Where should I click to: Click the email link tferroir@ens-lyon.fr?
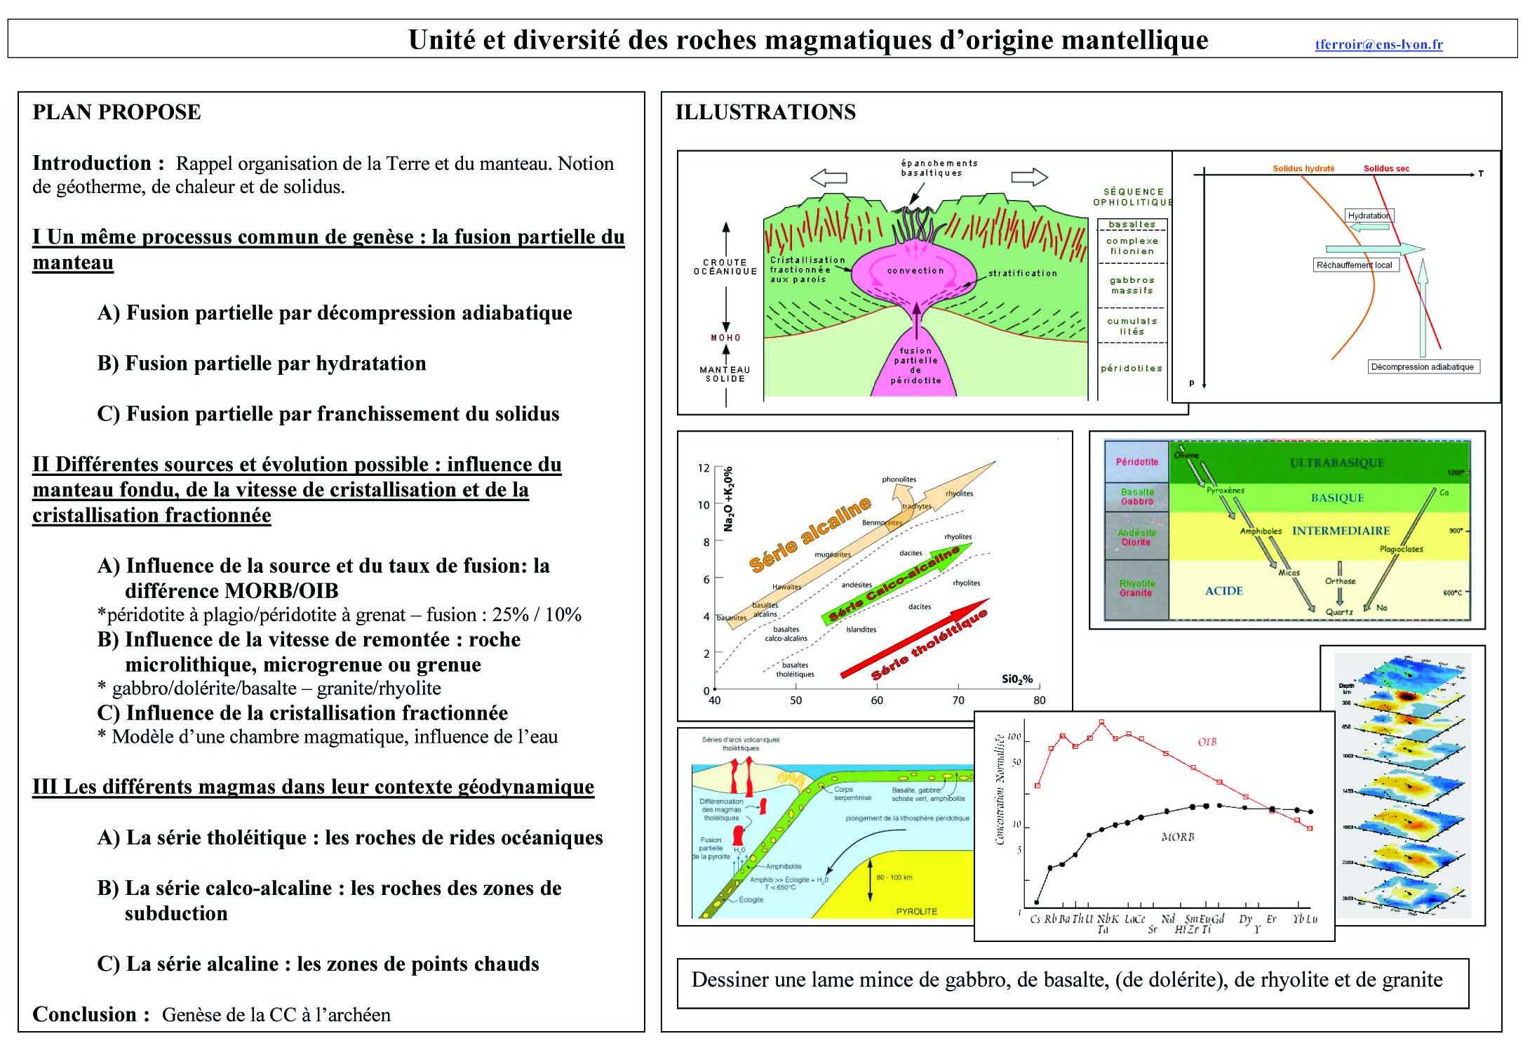(x=1378, y=45)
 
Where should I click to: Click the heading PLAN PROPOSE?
(x=116, y=112)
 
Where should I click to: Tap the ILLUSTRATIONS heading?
(x=765, y=112)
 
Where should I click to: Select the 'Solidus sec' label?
(x=1386, y=168)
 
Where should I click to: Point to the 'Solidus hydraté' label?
(x=1303, y=168)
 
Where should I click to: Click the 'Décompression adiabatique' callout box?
(x=1423, y=366)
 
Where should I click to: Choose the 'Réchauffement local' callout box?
(x=1355, y=265)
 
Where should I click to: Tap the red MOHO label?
(x=725, y=338)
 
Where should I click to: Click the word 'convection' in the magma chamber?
(x=915, y=270)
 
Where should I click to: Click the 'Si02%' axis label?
(x=1017, y=679)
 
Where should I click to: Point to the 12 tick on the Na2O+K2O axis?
(x=704, y=468)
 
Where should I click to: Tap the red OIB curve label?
(x=1207, y=742)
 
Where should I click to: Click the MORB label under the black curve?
(x=1177, y=837)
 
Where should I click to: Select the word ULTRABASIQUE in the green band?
(x=1336, y=463)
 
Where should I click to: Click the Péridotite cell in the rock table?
(x=1136, y=462)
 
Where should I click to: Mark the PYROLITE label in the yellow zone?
(x=916, y=911)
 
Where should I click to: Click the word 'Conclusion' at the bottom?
(x=91, y=1014)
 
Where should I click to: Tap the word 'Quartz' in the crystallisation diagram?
(x=1338, y=612)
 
